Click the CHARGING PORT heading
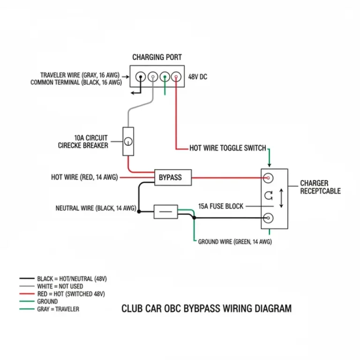pyautogui.click(x=157, y=57)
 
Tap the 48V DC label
pyautogui.click(x=197, y=77)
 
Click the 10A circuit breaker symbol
pyautogui.click(x=128, y=141)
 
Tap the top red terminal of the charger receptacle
pyautogui.click(x=269, y=178)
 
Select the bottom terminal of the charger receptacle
pyautogui.click(x=269, y=218)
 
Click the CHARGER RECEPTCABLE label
pyautogui.click(x=320, y=187)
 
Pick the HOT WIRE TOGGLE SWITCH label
pyautogui.click(x=227, y=148)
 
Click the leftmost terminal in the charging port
pyautogui.click(x=140, y=77)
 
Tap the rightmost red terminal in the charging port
pyautogui.click(x=176, y=77)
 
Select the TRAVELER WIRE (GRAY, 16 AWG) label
pyautogui.click(x=80, y=75)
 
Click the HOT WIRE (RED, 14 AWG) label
pyautogui.click(x=84, y=178)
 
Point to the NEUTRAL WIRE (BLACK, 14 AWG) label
pyautogui.click(x=96, y=208)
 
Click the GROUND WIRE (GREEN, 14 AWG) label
pyautogui.click(x=234, y=242)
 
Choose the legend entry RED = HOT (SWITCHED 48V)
pyautogui.click(x=71, y=294)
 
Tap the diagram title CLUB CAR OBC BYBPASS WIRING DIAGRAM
pyautogui.click(x=206, y=308)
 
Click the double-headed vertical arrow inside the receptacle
pyautogui.click(x=281, y=198)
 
